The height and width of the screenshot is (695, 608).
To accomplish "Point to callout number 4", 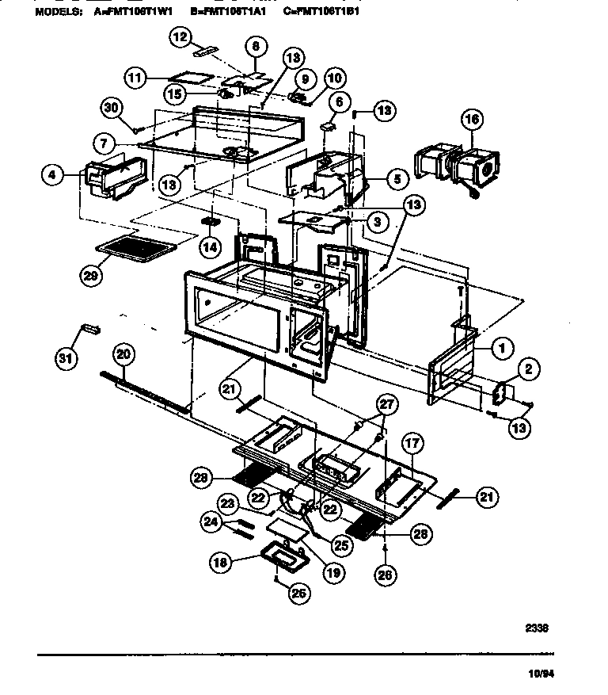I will pos(51,176).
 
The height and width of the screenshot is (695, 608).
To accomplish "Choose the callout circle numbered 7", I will pos(104,144).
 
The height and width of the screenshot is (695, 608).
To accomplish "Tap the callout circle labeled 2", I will pos(526,367).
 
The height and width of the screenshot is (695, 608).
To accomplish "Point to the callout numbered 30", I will pos(112,108).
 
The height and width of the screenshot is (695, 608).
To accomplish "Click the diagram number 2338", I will pos(536,628).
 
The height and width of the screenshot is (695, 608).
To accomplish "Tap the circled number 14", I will pos(209,246).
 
